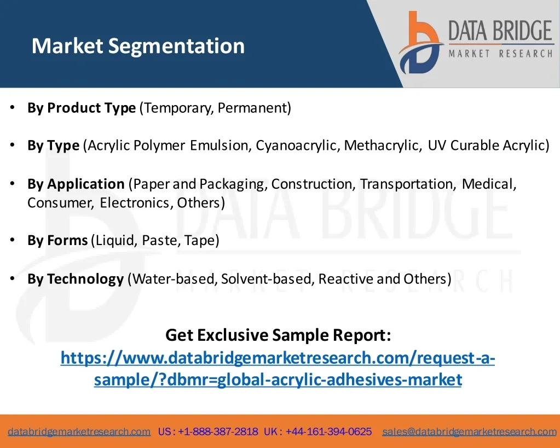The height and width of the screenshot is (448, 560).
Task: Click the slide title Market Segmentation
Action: click(x=138, y=46)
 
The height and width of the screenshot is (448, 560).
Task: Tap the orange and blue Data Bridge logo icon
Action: click(x=421, y=42)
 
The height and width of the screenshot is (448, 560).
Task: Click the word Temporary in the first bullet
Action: click(x=177, y=108)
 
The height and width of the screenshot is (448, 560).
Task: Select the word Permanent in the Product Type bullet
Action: click(x=252, y=108)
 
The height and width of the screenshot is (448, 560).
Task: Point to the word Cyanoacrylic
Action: click(x=296, y=146)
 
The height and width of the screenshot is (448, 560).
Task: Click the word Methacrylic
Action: click(x=380, y=146)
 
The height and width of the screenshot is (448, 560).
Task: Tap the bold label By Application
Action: click(x=76, y=184)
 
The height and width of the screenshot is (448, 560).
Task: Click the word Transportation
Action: click(x=407, y=184)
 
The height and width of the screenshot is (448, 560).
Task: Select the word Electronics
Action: click(x=136, y=203)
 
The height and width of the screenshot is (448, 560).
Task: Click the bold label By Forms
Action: click(x=57, y=240)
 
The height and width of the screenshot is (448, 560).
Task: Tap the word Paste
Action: click(x=161, y=240)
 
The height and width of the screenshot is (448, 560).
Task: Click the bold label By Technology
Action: click(x=76, y=279)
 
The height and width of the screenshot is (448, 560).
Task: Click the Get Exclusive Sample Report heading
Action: click(x=278, y=335)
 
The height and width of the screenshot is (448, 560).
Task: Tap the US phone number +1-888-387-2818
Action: click(x=218, y=432)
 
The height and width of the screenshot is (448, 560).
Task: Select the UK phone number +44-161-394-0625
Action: click(x=328, y=432)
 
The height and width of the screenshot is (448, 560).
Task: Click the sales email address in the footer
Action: click(x=469, y=432)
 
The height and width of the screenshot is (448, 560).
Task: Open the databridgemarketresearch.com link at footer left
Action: click(x=79, y=432)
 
